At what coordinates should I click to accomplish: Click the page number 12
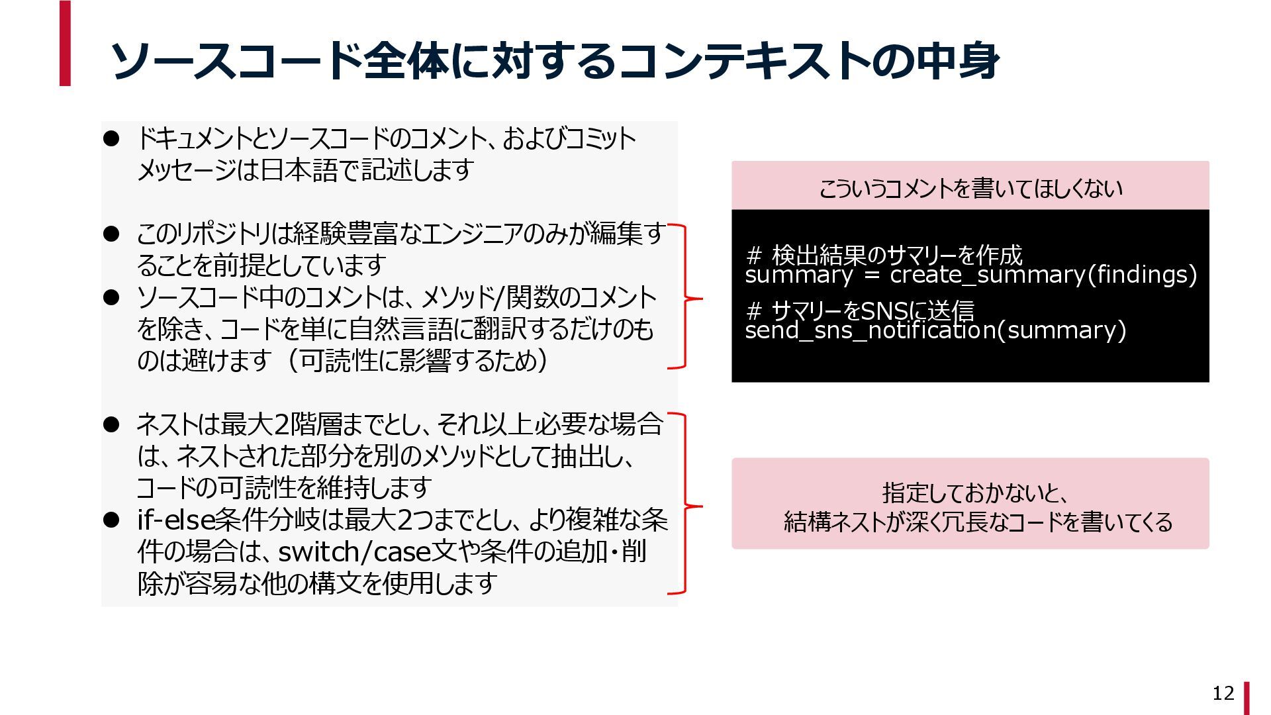coord(1223,693)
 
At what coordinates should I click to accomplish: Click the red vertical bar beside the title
coord(65,44)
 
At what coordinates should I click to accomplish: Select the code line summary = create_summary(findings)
coord(970,275)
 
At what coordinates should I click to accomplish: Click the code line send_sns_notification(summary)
coord(935,330)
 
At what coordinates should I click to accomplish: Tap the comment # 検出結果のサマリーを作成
coord(884,254)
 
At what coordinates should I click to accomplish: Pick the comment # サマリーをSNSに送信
coord(860,310)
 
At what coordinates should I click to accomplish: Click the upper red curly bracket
coord(685,297)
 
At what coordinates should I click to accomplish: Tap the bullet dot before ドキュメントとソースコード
coord(111,138)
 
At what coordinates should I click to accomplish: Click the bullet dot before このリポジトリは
coord(111,234)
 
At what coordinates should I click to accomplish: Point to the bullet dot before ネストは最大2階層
coord(111,424)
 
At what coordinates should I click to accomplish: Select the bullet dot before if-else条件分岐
coord(111,520)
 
